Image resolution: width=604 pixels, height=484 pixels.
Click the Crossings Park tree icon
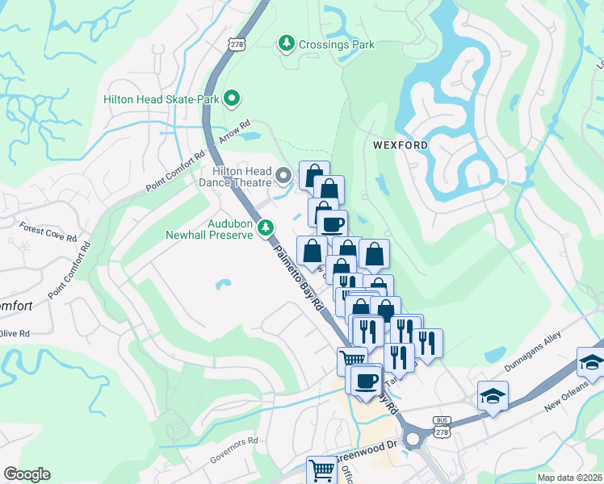point(286,44)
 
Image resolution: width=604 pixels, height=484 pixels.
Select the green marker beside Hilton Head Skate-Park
point(233,99)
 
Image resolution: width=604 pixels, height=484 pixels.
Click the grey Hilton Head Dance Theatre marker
point(283,174)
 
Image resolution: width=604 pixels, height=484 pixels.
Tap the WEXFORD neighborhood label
point(400,145)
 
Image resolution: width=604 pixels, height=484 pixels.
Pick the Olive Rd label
point(15,333)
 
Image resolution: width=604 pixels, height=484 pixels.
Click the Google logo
point(27,474)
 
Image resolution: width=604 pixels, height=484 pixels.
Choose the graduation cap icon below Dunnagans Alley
point(492,395)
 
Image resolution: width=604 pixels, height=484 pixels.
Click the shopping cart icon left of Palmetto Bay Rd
point(352,360)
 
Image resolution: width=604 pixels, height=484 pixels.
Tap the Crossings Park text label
point(337,44)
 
